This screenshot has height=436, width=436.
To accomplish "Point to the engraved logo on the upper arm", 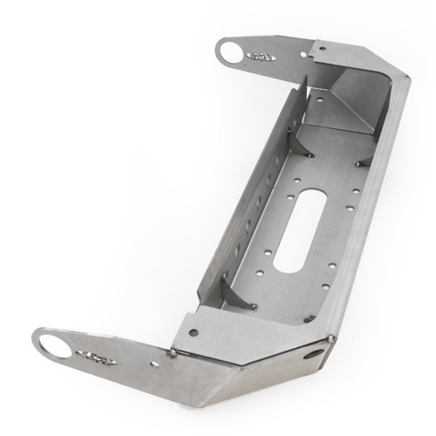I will click(262, 57).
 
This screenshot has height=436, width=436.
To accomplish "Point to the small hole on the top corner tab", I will click(322, 50).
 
